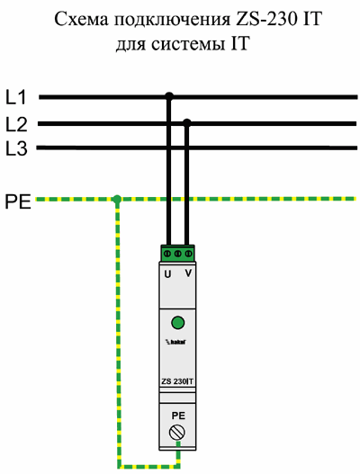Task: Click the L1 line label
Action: coord(16,97)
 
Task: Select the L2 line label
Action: coord(16,124)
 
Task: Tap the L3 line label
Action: coord(16,148)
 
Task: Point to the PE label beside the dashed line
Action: coord(18,202)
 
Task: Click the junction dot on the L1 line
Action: coord(169,97)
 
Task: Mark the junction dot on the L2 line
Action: coord(187,122)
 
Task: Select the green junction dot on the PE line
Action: coord(117,199)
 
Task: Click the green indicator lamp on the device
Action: coord(178,323)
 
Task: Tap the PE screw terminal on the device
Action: coord(177,433)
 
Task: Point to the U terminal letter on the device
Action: coord(167,274)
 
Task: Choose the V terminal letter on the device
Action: coord(188,273)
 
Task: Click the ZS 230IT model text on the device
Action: coord(177,381)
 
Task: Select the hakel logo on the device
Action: coord(175,342)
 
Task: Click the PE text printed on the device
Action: coord(178,416)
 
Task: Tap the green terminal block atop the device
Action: coord(177,253)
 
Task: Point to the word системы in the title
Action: coord(187,45)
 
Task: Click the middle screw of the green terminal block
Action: coord(178,254)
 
